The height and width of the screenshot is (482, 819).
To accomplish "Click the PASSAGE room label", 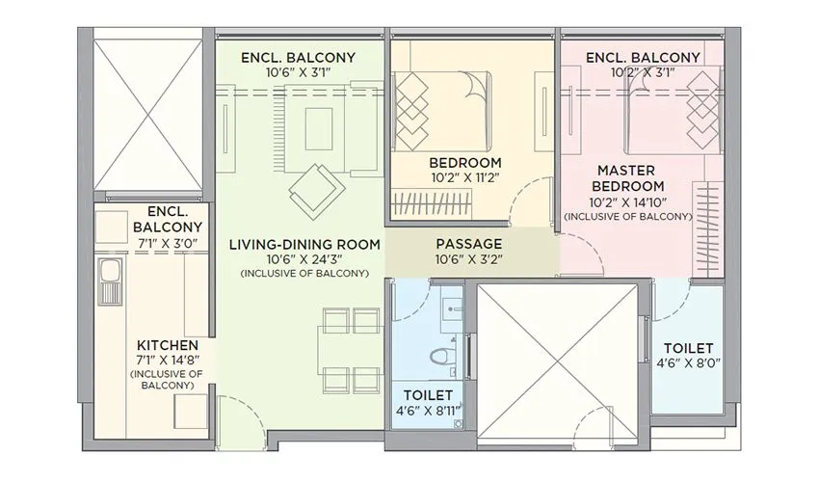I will [467, 244].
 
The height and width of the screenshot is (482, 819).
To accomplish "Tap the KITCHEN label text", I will [168, 344].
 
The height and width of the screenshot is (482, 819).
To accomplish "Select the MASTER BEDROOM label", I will [627, 177].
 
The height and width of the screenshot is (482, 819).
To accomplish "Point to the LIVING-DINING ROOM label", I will [304, 244].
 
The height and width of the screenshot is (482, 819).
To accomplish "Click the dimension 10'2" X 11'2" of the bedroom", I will [465, 177].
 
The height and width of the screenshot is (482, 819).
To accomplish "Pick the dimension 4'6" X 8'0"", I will [688, 363].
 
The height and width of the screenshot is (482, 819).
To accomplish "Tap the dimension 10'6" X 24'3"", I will [304, 259].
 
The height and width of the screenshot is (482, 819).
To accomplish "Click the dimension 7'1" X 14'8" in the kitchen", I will [168, 360].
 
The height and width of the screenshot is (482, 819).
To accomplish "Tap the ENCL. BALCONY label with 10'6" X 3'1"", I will [298, 58].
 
